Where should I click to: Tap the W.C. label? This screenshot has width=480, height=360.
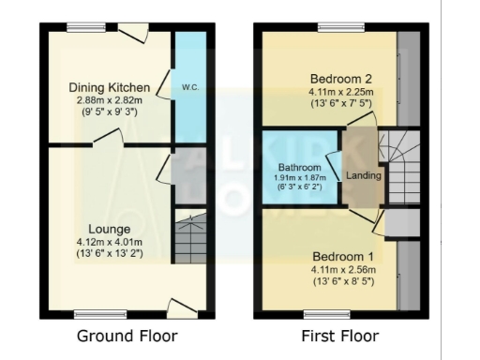pos(188,87)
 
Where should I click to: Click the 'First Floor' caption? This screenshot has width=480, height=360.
pos(341,336)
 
